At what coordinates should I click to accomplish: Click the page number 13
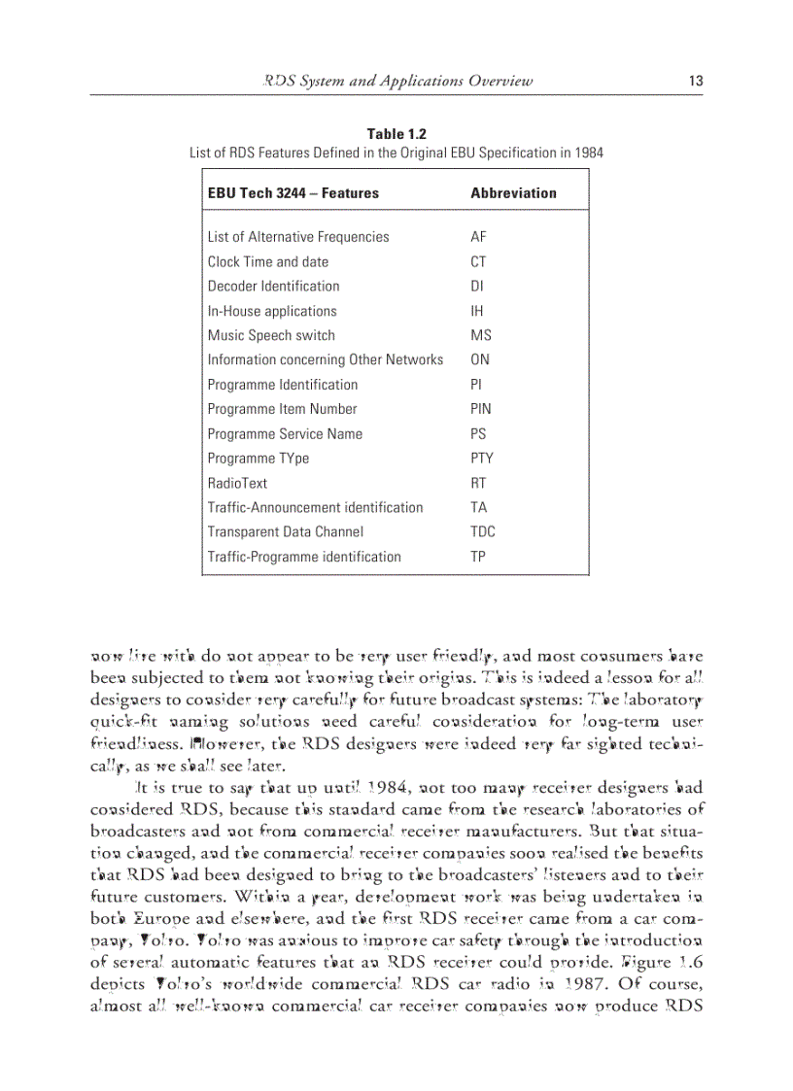695,82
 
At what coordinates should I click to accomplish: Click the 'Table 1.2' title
396,134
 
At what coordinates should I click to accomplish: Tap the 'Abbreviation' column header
513,193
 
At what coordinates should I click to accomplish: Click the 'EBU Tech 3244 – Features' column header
293,193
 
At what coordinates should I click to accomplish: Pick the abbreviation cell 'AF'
478,237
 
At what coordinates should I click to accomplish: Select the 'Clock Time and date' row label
268,262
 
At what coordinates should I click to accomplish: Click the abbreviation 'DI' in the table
476,287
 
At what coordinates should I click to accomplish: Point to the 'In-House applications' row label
272,311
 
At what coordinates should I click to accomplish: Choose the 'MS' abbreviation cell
480,335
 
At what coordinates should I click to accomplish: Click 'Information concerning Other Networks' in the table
326,360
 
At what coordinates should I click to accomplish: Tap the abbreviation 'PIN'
480,409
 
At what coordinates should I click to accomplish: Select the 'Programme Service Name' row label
285,434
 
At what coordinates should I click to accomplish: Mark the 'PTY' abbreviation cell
481,459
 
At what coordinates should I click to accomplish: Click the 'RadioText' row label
237,483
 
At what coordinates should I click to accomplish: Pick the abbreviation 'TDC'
482,531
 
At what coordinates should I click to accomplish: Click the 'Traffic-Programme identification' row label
304,557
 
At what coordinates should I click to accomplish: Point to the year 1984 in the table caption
587,153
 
